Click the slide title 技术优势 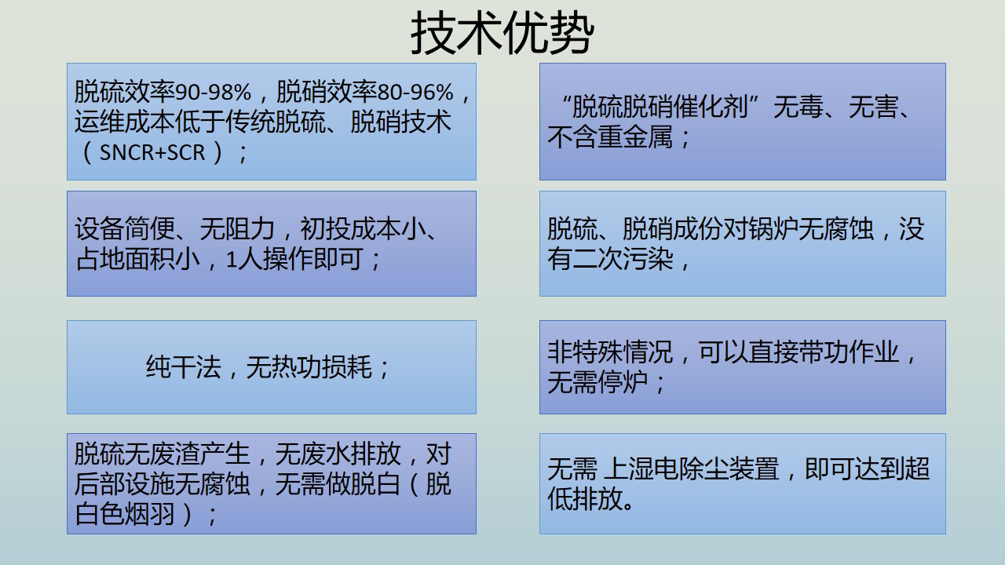point(502,33)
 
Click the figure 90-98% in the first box point(213,92)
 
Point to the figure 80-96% point(415,92)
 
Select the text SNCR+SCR point(152,152)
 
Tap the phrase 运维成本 point(124,122)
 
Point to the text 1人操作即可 point(294,259)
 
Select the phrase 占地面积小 point(137,259)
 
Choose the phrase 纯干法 point(184,367)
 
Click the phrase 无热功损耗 point(309,367)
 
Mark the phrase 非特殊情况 point(610,352)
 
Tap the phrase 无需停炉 point(598,382)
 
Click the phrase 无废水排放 point(338,454)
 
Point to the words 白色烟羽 point(124,514)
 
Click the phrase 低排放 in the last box point(585,499)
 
